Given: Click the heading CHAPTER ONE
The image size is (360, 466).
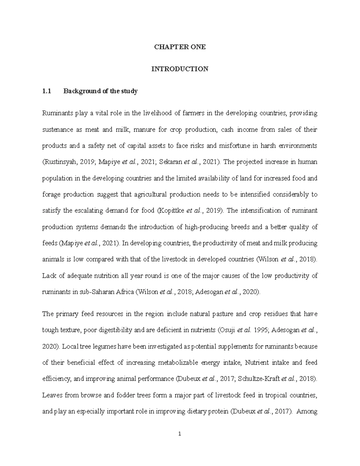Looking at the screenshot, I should point(180,47).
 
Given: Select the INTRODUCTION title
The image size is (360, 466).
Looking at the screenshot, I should point(180,69).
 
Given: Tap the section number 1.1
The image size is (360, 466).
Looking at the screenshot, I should point(47,91).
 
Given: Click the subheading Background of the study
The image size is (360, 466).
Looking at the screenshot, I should point(100,91).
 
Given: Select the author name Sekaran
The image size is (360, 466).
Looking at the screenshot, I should point(170,162).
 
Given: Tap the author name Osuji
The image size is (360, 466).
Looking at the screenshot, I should point(226,330).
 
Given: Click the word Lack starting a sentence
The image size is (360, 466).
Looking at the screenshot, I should point(49,276).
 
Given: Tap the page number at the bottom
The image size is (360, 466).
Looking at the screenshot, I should point(180,434).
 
